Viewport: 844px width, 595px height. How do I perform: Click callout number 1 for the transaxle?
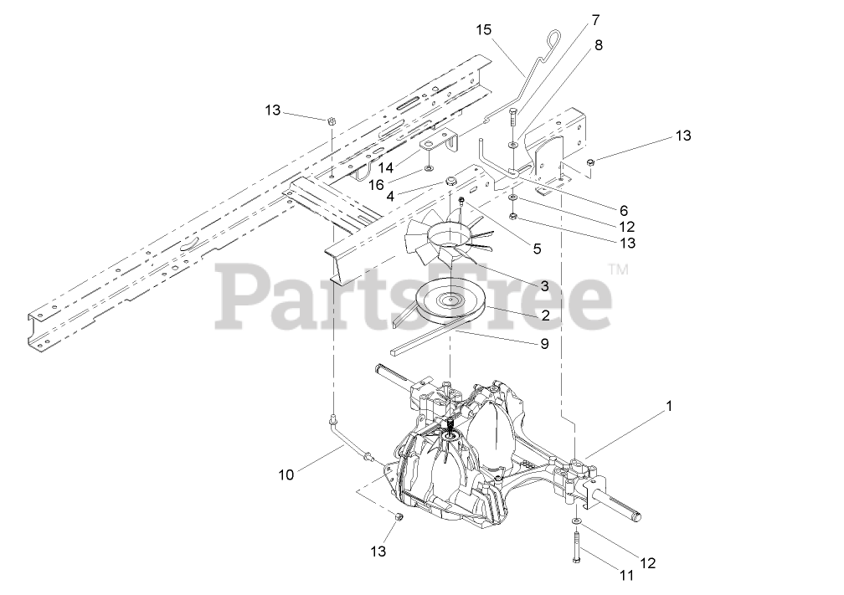[668, 407]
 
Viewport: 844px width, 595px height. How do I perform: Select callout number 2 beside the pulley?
[545, 315]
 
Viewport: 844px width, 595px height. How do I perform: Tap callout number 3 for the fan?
[544, 286]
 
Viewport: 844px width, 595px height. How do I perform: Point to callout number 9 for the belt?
[545, 343]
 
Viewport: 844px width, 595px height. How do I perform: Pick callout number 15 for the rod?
[483, 30]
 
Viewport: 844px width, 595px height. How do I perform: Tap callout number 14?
[385, 167]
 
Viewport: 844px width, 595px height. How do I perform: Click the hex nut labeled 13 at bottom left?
[399, 519]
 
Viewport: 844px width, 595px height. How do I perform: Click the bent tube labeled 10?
[353, 438]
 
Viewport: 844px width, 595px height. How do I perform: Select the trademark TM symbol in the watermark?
[618, 269]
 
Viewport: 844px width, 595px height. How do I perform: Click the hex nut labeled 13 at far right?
[591, 162]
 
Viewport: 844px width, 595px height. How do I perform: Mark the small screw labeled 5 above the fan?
[461, 201]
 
